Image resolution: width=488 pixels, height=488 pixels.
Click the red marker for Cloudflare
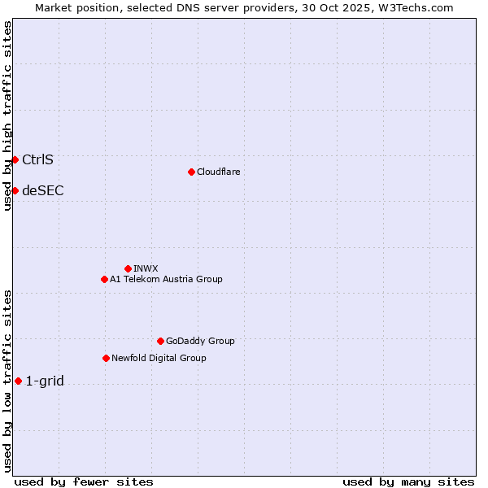pos(191,172)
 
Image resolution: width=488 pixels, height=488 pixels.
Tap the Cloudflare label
pos(218,172)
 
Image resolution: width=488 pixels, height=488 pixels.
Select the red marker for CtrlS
pos(15,159)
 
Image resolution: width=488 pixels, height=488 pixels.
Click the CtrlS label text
pos(37,159)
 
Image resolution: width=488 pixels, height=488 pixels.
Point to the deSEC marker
pos(15,190)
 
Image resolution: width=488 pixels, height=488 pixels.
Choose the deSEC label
pos(42,190)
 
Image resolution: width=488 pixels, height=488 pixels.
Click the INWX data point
pos(128,268)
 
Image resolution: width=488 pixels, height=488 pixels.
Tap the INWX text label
pos(146,268)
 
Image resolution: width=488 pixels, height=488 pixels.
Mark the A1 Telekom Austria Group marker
pos(104,279)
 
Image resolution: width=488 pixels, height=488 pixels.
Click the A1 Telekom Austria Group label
pos(166,279)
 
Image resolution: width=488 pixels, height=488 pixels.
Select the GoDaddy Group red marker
pos(160,341)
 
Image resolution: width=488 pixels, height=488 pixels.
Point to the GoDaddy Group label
pos(200,341)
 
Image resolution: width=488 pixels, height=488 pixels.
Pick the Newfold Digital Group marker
pos(106,358)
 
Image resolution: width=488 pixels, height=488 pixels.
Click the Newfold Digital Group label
pos(159,358)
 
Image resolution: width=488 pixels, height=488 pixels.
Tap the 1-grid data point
pos(18,381)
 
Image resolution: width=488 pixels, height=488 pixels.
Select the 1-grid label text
pos(45,381)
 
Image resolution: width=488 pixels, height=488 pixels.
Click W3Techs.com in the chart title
pos(420,7)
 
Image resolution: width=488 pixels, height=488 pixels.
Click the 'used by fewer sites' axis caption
pos(84,481)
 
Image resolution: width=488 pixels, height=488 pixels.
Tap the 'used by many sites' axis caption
pos(408,481)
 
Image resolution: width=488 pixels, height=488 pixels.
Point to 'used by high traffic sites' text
pos(7,115)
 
